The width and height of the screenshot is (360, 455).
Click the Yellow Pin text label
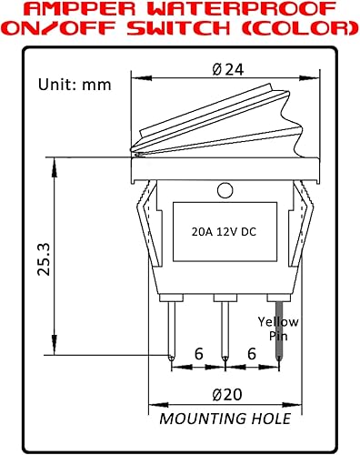277,328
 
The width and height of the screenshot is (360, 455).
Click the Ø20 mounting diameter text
224,395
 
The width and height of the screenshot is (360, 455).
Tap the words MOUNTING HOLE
225,419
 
